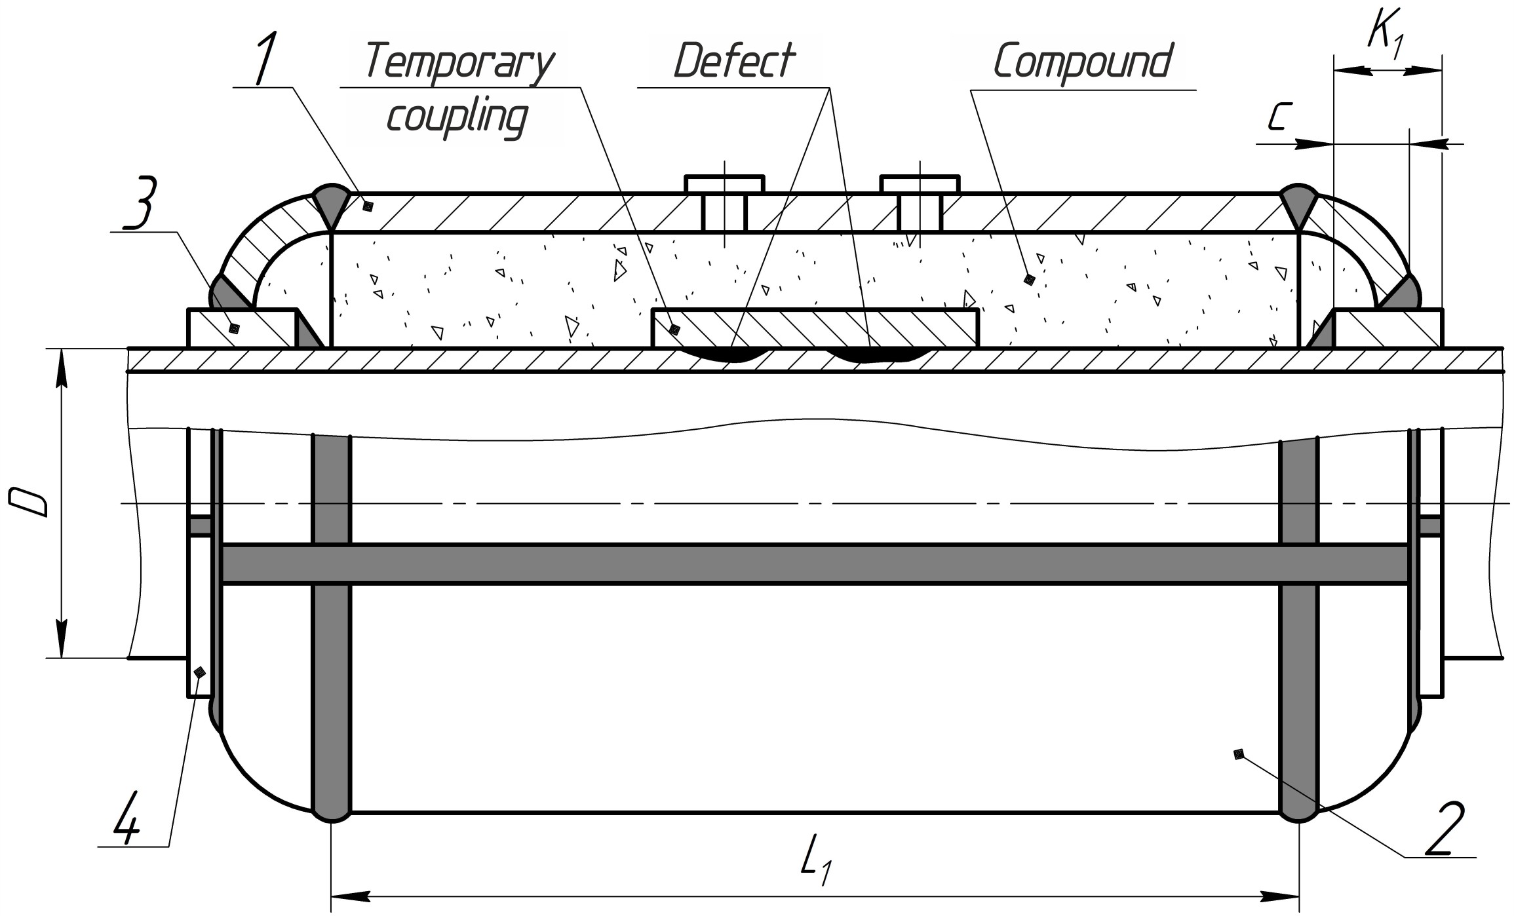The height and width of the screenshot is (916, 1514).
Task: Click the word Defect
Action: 734,61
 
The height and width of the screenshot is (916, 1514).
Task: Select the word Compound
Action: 1082,61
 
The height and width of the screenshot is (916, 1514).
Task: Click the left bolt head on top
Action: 724,184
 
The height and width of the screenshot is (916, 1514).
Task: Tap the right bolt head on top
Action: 920,184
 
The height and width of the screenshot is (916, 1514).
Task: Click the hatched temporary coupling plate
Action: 815,328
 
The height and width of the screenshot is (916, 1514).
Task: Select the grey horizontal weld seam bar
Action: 815,563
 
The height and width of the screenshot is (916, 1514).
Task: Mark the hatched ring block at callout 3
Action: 241,328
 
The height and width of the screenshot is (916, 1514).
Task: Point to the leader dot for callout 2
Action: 1238,754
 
